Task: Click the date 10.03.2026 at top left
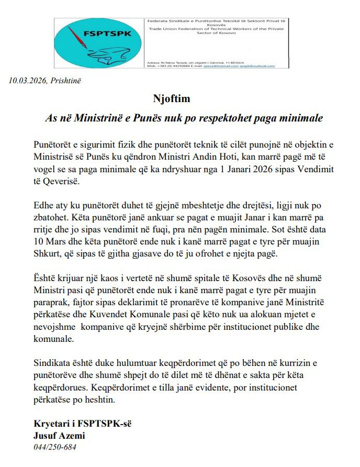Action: coord(28,80)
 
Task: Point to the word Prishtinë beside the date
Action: coord(66,80)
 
